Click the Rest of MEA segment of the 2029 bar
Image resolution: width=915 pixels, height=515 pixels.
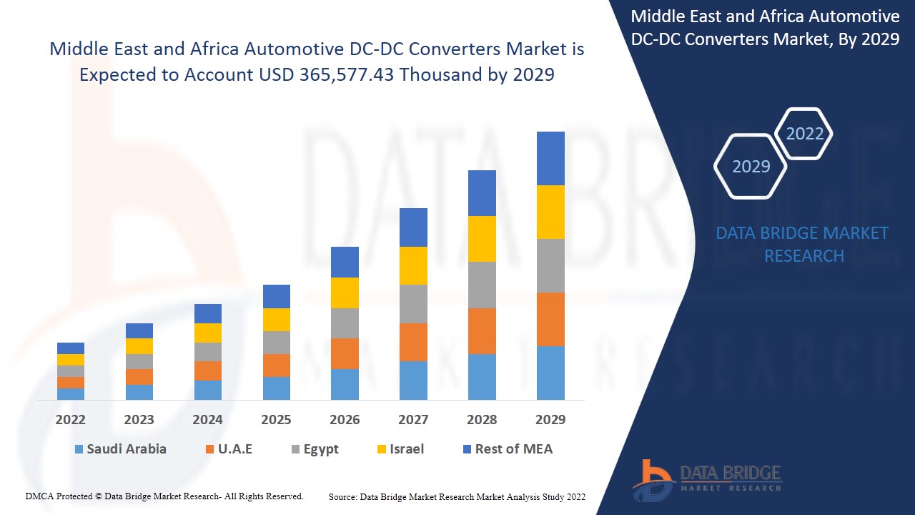[x=550, y=158]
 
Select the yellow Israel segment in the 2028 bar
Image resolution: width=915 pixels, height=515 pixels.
[x=482, y=239]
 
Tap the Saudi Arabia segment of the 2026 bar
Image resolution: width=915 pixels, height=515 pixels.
[x=345, y=384]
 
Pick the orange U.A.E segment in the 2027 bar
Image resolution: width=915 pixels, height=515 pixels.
[x=413, y=342]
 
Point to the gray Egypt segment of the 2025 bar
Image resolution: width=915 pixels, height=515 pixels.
[x=277, y=343]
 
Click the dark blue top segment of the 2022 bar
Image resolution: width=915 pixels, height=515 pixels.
[x=71, y=348]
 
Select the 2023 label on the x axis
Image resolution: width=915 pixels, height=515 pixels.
[x=139, y=420]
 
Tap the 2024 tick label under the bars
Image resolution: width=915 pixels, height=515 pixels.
[x=207, y=420]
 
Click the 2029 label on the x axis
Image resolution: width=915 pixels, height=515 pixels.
[x=550, y=420]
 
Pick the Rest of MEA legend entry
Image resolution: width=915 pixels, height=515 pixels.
[x=508, y=449]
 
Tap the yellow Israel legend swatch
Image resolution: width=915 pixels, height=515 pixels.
[x=382, y=450]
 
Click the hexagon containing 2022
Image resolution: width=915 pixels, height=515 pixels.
[x=804, y=134]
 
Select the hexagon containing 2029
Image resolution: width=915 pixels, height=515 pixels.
[x=751, y=166]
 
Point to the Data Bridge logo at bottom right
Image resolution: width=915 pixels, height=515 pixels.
[x=706, y=479]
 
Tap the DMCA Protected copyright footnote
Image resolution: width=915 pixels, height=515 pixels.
[x=164, y=496]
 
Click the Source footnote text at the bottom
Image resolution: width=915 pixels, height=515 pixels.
[x=457, y=496]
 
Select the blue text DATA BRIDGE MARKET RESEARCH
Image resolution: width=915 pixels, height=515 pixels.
[x=803, y=245]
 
